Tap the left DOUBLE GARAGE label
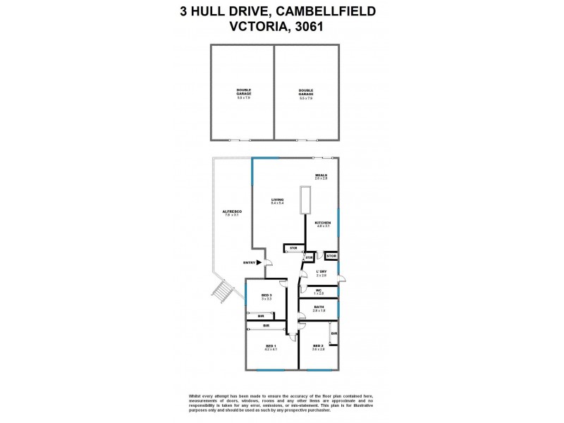coord(243,90)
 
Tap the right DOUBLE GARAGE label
coord(306,90)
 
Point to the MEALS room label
coord(321,176)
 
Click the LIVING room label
coord(278,200)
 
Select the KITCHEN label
coord(323,223)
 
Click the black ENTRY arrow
coord(259,262)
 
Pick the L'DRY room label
coord(321,271)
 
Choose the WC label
coord(319,289)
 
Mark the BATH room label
coord(319,307)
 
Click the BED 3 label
coord(266,295)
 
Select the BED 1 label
coord(270,345)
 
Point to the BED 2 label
coord(318,345)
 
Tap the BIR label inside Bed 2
coord(333,333)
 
